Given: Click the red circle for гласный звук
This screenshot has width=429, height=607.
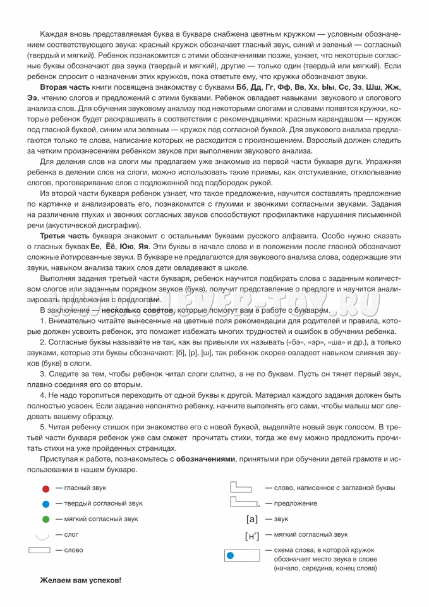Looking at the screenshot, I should coord(45,489).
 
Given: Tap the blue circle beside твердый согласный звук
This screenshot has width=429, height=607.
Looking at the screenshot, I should coord(45,504).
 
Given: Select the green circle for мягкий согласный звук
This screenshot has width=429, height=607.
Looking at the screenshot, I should coord(45,520).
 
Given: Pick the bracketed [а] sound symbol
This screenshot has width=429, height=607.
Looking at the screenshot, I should coord(252,520).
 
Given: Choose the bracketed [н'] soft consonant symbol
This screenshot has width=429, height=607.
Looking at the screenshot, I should coord(252,536).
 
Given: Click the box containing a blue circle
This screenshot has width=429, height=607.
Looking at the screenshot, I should coord(242,556).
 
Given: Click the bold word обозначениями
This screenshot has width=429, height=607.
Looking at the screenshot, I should coord(206,458).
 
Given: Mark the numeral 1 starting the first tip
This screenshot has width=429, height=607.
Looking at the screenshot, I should coord(42,322).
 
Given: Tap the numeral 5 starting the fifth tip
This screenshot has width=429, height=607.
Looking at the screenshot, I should coord(42,427).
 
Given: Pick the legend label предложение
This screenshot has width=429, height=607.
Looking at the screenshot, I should coord(296,504).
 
